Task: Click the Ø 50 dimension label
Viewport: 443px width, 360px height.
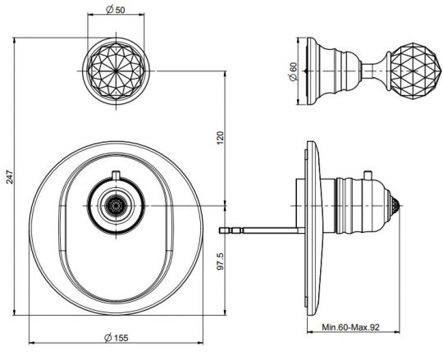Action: [x=116, y=10]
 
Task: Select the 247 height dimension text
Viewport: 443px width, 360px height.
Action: [x=10, y=177]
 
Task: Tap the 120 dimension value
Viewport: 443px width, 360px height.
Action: [x=221, y=138]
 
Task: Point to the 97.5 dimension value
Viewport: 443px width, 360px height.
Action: [x=221, y=261]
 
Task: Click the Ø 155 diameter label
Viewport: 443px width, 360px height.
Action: [x=116, y=337]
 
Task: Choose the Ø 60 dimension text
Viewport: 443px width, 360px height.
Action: [x=293, y=71]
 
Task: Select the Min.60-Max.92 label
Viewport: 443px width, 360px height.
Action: [x=351, y=327]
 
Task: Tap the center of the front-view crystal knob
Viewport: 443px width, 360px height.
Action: [x=116, y=71]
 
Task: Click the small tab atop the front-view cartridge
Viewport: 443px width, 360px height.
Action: [x=116, y=175]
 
